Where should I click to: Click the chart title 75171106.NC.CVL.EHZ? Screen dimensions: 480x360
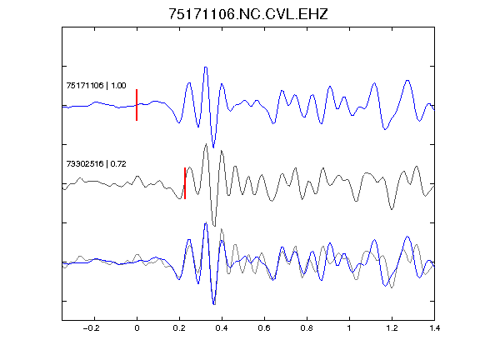(x=248, y=14)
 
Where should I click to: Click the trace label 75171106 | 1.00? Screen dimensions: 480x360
(x=96, y=85)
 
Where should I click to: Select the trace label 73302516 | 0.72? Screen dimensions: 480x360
(x=96, y=164)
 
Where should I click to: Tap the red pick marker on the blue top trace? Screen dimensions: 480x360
(x=137, y=105)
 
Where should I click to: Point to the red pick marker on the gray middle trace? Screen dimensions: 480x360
(x=185, y=183)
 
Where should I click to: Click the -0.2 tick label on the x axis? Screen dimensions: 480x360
(x=92, y=328)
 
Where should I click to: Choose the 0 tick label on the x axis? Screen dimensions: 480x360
(x=137, y=328)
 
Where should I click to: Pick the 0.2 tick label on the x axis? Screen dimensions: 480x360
(x=179, y=328)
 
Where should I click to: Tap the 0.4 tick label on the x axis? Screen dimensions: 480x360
(x=222, y=328)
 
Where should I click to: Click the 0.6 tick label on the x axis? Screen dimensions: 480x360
(x=264, y=328)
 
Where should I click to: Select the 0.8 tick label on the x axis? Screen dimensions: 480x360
(x=307, y=328)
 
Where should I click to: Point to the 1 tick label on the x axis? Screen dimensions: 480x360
(x=349, y=328)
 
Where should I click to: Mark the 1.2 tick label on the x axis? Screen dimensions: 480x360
(x=392, y=328)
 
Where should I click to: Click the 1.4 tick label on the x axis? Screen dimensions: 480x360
(x=434, y=328)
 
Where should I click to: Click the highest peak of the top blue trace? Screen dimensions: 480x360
(x=206, y=67)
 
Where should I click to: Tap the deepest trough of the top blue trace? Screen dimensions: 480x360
(x=213, y=147)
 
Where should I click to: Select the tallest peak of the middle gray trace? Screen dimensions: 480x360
(x=206, y=144)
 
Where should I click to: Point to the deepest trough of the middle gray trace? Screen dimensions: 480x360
(x=214, y=226)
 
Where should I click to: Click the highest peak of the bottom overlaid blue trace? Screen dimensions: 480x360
(x=206, y=224)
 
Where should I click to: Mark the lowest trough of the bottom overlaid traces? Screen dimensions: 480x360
(x=213, y=304)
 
